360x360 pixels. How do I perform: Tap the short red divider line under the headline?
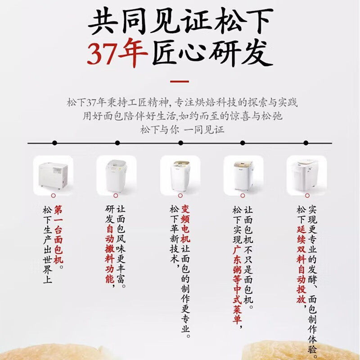[x=180, y=81]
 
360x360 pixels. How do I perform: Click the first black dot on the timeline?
[x=54, y=143]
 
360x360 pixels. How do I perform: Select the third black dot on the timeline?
[x=181, y=143]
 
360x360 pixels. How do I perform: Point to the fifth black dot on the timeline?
[x=306, y=143]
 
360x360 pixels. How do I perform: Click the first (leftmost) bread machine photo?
[x=53, y=175]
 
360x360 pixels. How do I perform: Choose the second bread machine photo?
[x=117, y=175]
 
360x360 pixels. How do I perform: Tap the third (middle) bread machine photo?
[x=180, y=175]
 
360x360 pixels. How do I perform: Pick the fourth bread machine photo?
[x=243, y=175]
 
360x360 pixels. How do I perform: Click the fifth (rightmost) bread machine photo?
[x=307, y=175]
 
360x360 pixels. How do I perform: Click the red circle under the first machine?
[x=54, y=196]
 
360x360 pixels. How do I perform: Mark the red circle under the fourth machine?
[x=243, y=196]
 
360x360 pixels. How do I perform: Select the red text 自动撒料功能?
[x=109, y=254]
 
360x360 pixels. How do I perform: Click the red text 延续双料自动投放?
[x=301, y=265]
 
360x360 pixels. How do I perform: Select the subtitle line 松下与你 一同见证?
[x=182, y=130]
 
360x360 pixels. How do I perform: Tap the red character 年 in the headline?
[x=133, y=53]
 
